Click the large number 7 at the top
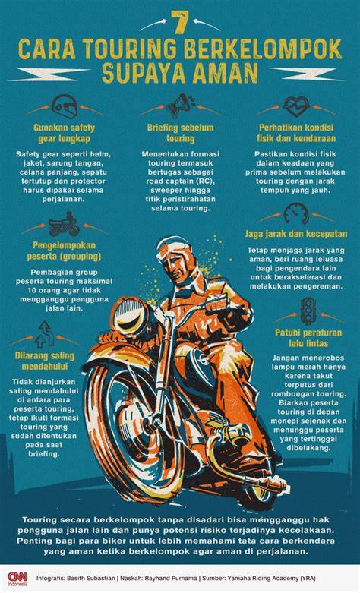(180, 22)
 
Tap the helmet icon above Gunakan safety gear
(64, 106)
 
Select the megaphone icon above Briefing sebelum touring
(181, 106)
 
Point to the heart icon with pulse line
(296, 106)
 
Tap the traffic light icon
(308, 311)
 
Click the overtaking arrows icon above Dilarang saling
(45, 334)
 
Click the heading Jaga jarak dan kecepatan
(295, 234)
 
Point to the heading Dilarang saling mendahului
(45, 361)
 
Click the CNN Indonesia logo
(17, 579)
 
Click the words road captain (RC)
(180, 181)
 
